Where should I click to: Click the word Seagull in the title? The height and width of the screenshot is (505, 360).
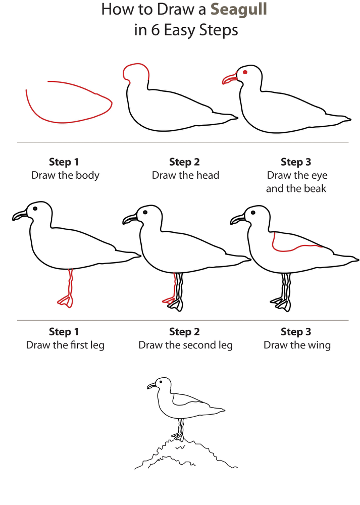click(x=239, y=9)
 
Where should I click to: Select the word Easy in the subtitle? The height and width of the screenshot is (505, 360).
click(x=183, y=30)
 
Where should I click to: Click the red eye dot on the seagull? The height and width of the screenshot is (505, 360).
click(x=245, y=72)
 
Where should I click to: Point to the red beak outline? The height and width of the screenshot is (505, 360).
click(x=230, y=79)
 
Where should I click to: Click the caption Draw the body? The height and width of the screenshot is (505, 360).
click(x=65, y=175)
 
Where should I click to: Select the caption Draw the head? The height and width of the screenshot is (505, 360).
click(x=185, y=175)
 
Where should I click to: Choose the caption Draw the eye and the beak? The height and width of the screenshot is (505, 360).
click(x=296, y=182)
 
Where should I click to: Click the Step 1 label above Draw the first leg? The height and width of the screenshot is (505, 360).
click(x=64, y=332)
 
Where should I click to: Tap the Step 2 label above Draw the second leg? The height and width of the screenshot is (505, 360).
click(x=184, y=332)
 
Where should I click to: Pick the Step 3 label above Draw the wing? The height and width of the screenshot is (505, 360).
click(x=296, y=332)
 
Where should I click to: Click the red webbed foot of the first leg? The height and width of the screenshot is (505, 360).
click(x=65, y=301)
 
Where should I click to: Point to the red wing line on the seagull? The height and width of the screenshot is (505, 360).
click(x=295, y=247)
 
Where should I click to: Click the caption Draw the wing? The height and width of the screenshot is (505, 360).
click(x=297, y=345)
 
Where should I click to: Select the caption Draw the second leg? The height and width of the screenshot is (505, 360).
click(x=185, y=345)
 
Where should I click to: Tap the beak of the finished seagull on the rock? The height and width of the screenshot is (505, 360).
click(x=151, y=386)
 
